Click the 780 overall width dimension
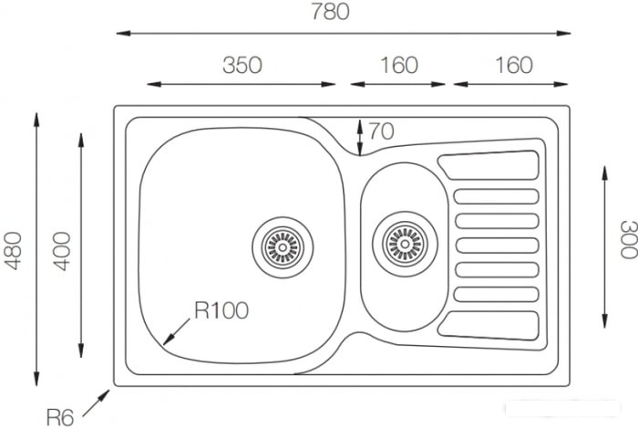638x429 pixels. tap(330, 11)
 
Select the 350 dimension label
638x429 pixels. tap(242, 65)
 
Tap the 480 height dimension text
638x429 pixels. tap(13, 251)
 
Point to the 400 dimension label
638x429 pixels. tap(61, 251)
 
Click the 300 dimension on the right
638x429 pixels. tap(628, 239)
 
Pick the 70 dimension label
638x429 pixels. tap(381, 131)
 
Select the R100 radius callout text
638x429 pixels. tap(221, 310)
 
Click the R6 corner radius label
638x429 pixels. tap(60, 418)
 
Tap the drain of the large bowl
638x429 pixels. tap(283, 247)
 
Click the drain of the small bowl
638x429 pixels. tap(405, 244)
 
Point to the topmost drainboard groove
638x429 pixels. tap(489, 165)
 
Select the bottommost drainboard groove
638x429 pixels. tap(489, 325)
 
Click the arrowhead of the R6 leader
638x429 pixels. tap(106, 394)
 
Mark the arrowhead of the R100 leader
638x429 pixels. tap(168, 340)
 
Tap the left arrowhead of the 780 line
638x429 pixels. tap(123, 33)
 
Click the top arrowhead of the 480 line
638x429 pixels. tap(36, 120)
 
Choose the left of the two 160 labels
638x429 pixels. tap(399, 65)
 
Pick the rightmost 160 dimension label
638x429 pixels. tap(513, 65)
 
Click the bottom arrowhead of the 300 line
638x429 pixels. tap(605, 320)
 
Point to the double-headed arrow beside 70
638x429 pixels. tap(360, 138)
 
